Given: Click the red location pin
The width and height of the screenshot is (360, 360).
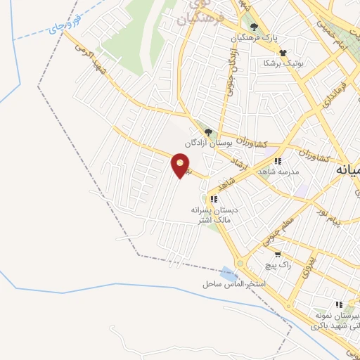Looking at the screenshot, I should [181, 166].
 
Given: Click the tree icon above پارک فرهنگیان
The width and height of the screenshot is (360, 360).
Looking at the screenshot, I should [254, 27].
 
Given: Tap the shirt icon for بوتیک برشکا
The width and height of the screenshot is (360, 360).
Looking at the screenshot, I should [283, 52].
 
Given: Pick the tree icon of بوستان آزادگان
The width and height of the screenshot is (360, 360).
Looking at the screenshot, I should [207, 131].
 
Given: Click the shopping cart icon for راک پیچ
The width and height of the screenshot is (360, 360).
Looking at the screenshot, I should [278, 255].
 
